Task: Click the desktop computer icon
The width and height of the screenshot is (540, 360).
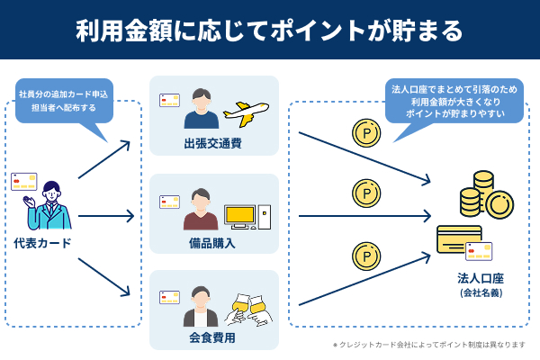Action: point(246,215)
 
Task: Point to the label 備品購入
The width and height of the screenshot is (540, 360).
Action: point(212,242)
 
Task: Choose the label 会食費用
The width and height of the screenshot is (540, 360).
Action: point(212,338)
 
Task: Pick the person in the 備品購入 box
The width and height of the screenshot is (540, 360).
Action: point(201,210)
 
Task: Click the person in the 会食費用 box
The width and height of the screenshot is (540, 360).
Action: point(201,307)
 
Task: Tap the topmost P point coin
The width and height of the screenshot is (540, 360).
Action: point(366,133)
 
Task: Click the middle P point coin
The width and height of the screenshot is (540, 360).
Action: point(366,193)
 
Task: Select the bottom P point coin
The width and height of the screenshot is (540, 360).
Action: point(366,256)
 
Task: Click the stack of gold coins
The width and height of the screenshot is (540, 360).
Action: point(483,196)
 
